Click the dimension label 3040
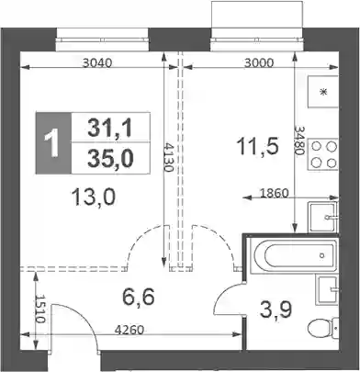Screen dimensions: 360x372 (x=98, y=63)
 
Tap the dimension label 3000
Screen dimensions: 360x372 (x=259, y=63)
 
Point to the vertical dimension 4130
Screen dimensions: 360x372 (x=168, y=156)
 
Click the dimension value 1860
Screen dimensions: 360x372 (x=274, y=193)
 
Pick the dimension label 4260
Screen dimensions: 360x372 (x=129, y=330)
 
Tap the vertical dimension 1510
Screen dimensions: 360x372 (x=40, y=310)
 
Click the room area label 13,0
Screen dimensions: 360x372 (x=94, y=197)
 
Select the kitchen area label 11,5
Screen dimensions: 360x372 (x=257, y=145)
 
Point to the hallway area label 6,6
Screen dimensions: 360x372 (x=138, y=297)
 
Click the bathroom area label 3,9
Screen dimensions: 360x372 (x=276, y=310)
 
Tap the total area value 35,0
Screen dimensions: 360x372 (x=110, y=159)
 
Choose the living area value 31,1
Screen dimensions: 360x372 (x=109, y=128)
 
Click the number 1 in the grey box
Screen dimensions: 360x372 (x=51, y=143)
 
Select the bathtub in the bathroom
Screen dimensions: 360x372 (x=293, y=255)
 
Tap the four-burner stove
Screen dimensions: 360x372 (x=323, y=154)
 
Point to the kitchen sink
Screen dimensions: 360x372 (x=323, y=217)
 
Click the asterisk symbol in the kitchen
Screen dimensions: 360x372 (x=323, y=92)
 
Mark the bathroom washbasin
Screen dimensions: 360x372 (x=328, y=289)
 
